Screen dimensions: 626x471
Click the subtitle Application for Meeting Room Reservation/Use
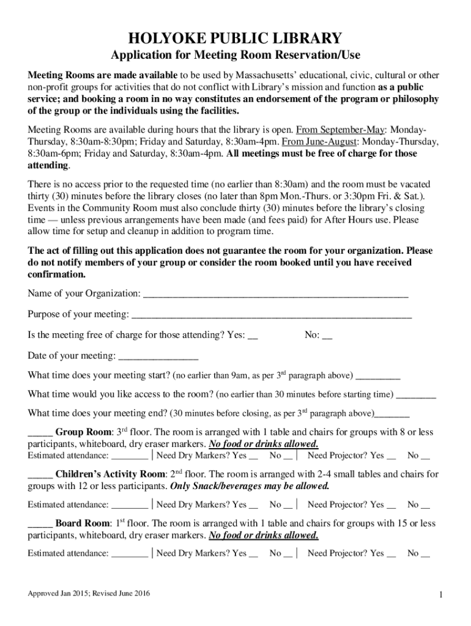click(235, 56)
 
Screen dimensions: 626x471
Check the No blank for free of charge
click(327, 337)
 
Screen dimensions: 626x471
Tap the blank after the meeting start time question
click(378, 377)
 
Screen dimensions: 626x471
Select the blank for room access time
click(417, 396)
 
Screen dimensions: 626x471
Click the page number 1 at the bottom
click(440, 595)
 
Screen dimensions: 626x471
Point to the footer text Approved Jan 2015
click(89, 594)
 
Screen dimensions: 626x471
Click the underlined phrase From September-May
click(341, 131)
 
